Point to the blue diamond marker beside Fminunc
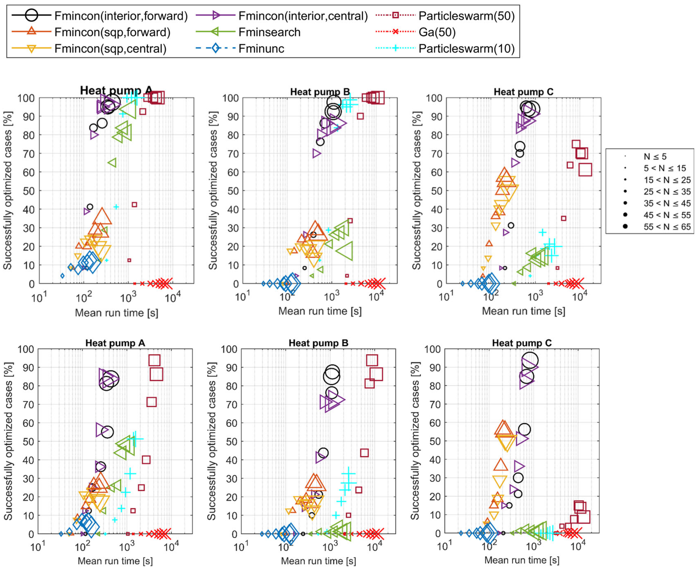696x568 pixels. point(215,48)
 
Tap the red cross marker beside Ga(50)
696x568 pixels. point(396,32)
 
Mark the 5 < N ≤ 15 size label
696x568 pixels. point(665,168)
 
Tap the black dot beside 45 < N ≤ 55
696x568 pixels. point(625,215)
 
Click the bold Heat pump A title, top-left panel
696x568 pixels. point(116,91)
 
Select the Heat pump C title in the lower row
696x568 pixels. point(522,343)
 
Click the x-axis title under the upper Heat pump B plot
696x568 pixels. point(320,311)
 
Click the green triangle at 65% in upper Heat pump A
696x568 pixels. point(112,163)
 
